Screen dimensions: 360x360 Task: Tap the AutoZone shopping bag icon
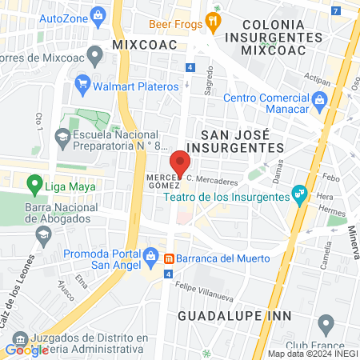tap(98, 15)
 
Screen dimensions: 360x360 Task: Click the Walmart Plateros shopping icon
tap(82, 83)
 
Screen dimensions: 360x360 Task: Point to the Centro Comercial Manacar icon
tap(320, 98)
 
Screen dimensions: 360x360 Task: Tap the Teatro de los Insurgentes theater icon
tap(299, 193)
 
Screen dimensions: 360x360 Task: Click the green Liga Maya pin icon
tap(34, 186)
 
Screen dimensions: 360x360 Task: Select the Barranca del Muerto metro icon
tap(170, 258)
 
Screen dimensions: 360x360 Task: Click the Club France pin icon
tap(325, 324)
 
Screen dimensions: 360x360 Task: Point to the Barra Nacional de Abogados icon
tap(42, 234)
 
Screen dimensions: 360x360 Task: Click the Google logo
tap(26, 349)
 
